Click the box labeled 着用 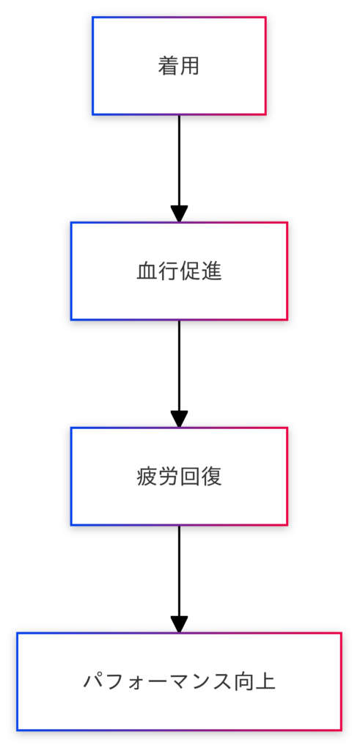pos(179,66)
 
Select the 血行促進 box pos(179,271)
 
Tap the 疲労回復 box pos(179,477)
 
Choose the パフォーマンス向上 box pos(179,681)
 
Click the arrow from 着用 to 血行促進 pos(179,169)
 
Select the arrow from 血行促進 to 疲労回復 pos(179,373)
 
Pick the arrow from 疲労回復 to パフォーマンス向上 pos(179,579)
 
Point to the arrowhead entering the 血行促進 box pos(179,214)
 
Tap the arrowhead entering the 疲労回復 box pos(179,419)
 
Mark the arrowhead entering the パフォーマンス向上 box pos(179,625)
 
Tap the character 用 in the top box pos(190,67)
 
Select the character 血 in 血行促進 pos(147,271)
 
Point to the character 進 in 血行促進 pos(211,271)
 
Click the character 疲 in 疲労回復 pos(147,477)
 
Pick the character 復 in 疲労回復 pos(211,477)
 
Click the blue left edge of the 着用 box pos(93,66)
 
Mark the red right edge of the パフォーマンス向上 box pos(341,681)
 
